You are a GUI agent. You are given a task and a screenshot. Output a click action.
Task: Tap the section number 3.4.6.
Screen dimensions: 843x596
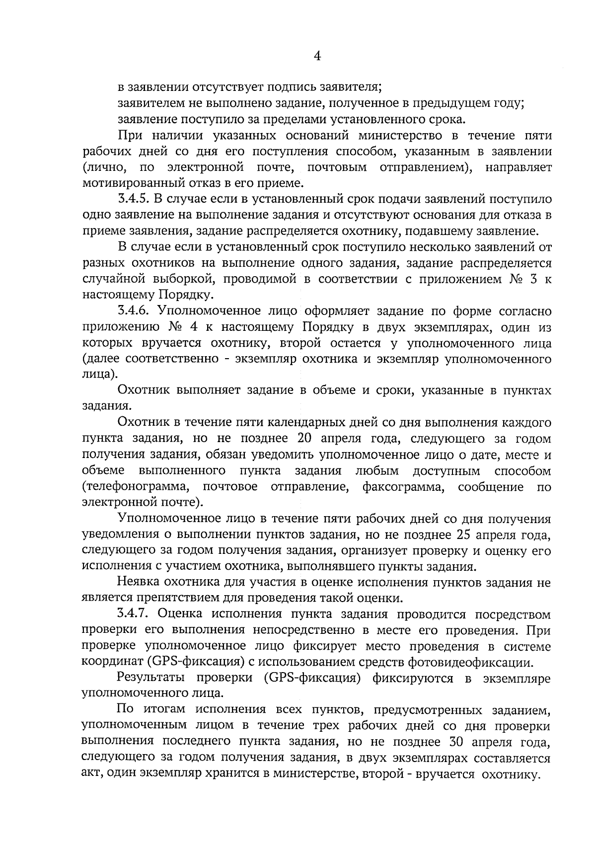pyautogui.click(x=134, y=311)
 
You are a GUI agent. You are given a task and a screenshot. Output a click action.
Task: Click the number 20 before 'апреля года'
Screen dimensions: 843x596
pyautogui.click(x=303, y=439)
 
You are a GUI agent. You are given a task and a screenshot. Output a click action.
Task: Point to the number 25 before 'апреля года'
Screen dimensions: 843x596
pyautogui.click(x=462, y=535)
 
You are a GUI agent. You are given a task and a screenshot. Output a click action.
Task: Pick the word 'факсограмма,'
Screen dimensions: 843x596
pyautogui.click(x=403, y=487)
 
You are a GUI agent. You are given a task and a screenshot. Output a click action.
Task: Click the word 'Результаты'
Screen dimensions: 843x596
pyautogui.click(x=151, y=679)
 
